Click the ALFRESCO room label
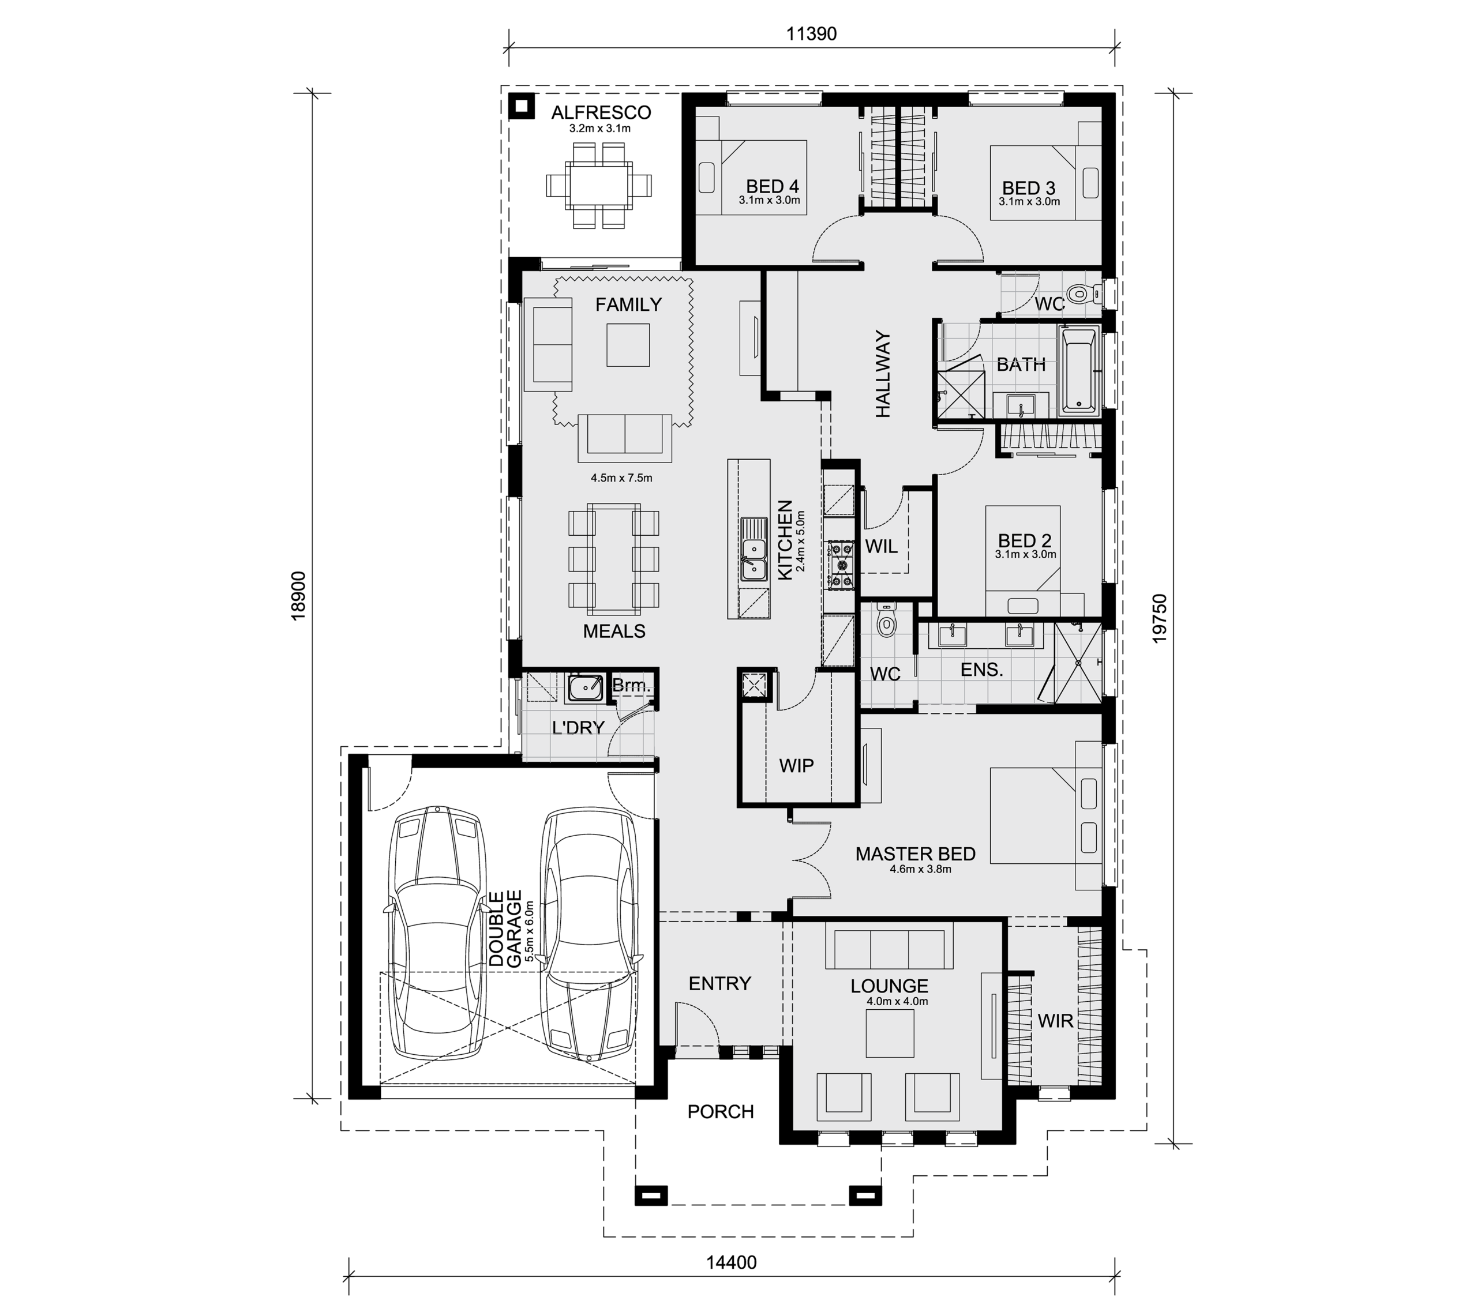[601, 112]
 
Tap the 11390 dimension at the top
[811, 34]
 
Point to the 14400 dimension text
[731, 1263]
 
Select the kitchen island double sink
[754, 549]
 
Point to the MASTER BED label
[915, 854]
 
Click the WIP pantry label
[796, 766]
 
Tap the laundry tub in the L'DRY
[584, 689]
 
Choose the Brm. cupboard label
[632, 685]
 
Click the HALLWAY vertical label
[883, 374]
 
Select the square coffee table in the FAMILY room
[628, 345]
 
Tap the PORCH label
[721, 1111]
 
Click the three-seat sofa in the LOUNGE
[889, 949]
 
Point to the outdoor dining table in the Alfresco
[599, 186]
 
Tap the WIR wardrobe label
[1055, 1021]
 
